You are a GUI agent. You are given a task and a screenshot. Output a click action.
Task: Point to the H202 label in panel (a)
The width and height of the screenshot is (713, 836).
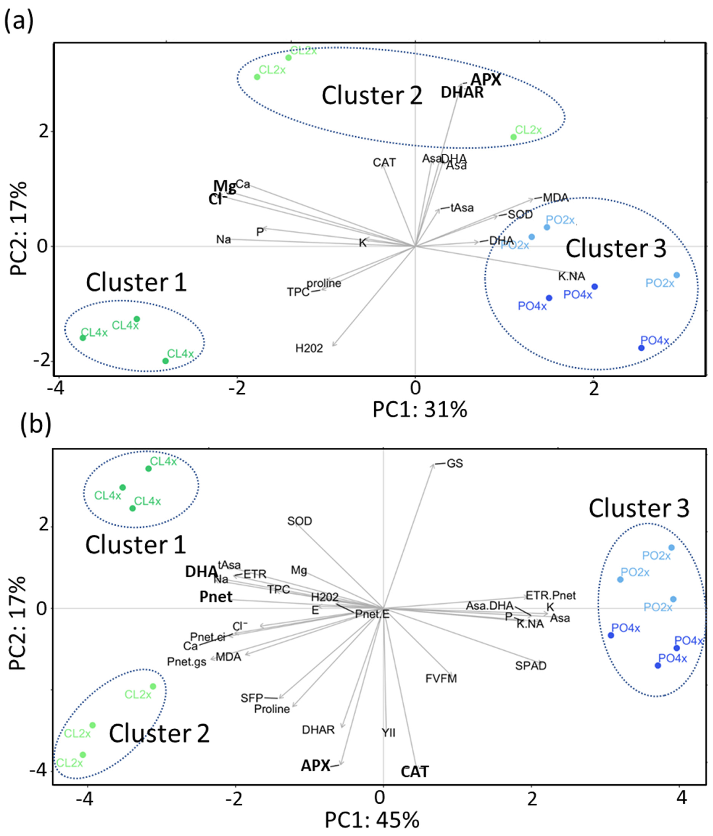point(309,348)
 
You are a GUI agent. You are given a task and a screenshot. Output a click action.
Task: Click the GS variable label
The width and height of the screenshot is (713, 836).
point(455,464)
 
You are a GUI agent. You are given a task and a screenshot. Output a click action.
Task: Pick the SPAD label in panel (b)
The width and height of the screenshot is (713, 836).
point(531,666)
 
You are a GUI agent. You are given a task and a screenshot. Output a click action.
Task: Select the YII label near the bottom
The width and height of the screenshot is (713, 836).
point(389,732)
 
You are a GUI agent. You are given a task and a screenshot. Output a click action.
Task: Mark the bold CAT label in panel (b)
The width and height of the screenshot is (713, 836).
point(414,772)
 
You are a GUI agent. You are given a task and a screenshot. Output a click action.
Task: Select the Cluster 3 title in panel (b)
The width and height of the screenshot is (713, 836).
point(639,508)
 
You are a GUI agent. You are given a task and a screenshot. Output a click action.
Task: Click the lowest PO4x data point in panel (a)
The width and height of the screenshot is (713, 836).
point(641,348)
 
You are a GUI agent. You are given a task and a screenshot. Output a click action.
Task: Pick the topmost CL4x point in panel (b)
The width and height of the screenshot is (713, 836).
point(148,468)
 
